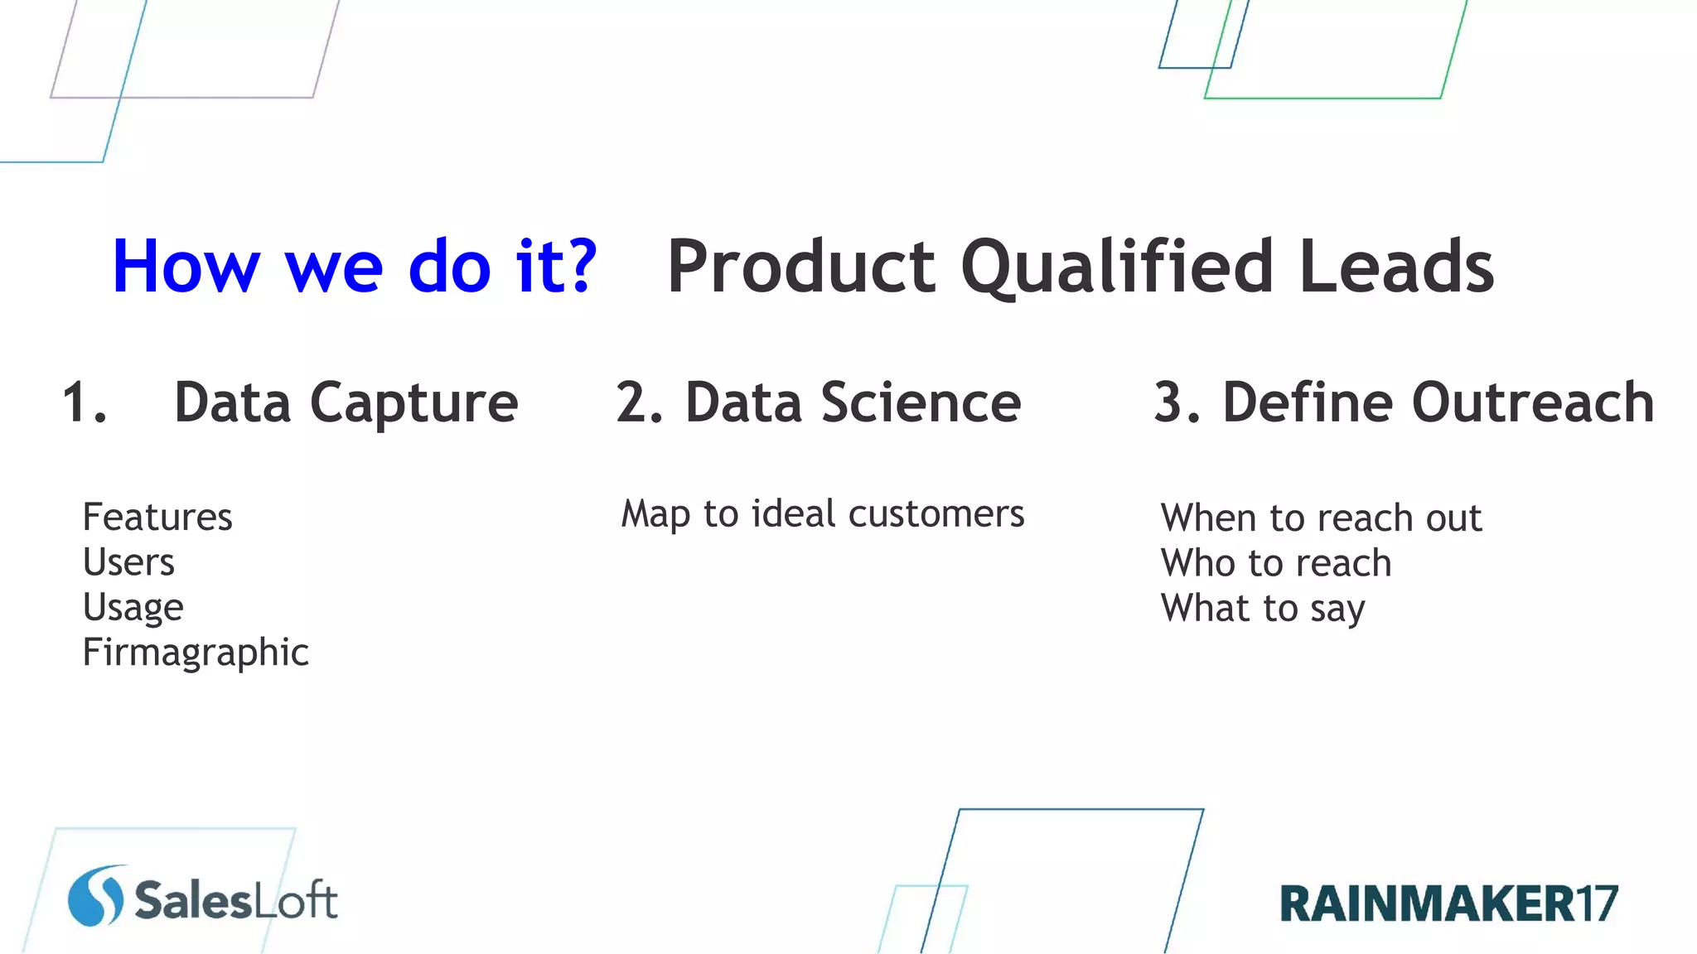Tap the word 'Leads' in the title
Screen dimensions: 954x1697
pyautogui.click(x=1397, y=267)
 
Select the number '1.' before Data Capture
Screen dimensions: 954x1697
pyautogui.click(x=85, y=403)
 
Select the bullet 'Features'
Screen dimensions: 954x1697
pyautogui.click(x=157, y=518)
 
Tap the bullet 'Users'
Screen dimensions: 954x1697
pyautogui.click(x=128, y=562)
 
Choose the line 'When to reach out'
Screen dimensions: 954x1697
pyautogui.click(x=1321, y=518)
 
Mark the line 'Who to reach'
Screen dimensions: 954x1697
pyautogui.click(x=1276, y=563)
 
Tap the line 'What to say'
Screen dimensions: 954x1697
pyautogui.click(x=1263, y=609)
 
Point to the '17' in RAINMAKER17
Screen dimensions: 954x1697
pyautogui.click(x=1596, y=903)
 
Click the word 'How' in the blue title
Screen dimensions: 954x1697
pyautogui.click(x=186, y=267)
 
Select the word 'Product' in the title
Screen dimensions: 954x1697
pyautogui.click(x=801, y=267)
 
